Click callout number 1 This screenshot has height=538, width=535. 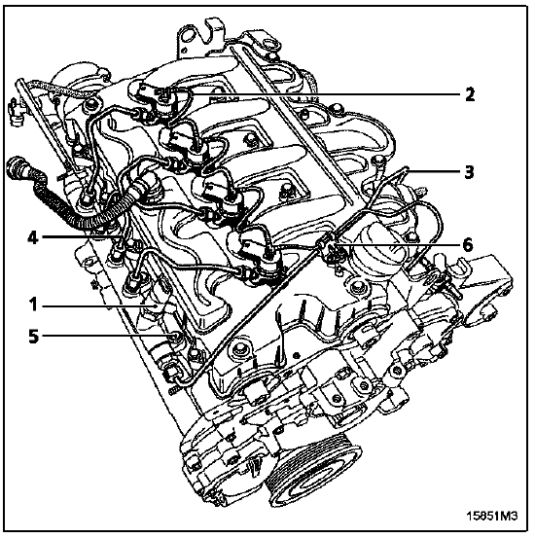click(33, 305)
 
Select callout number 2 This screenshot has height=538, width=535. click(470, 94)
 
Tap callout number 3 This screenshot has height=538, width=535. click(469, 171)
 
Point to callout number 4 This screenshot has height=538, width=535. click(33, 237)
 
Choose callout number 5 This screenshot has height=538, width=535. click(34, 337)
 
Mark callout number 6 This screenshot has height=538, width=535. click(468, 245)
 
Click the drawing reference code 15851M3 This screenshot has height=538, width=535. click(491, 516)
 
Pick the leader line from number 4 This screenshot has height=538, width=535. click(82, 236)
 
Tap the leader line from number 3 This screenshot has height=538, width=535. click(433, 170)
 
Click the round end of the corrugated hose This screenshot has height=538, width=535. click(16, 167)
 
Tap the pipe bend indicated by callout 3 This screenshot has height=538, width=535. click(406, 170)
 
